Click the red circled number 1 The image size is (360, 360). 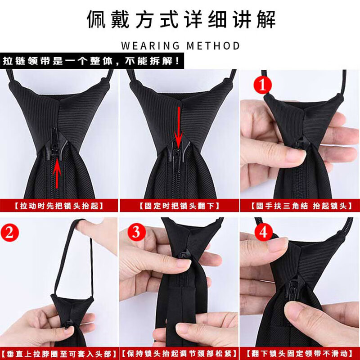(x=264, y=84)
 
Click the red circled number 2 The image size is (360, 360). (x=11, y=233)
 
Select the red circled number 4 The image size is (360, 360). (x=264, y=232)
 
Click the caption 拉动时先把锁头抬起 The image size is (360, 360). (x=59, y=206)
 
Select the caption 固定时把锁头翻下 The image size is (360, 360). (x=180, y=206)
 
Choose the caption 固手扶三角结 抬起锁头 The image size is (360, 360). (x=300, y=206)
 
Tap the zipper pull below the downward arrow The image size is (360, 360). (x=179, y=156)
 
